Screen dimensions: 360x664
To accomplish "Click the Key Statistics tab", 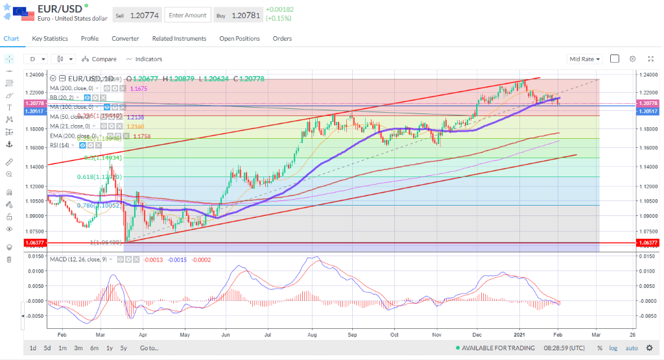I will (x=50, y=39).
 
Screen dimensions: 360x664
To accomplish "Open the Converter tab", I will (x=125, y=39).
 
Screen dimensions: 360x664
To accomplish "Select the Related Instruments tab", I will (x=179, y=39).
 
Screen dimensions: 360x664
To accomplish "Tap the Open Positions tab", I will (x=239, y=39).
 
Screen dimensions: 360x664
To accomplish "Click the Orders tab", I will (x=282, y=39).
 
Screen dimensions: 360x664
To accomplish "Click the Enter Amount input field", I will (x=187, y=15).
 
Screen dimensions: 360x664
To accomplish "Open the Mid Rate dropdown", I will (x=584, y=59).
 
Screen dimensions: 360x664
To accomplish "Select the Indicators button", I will (x=144, y=59).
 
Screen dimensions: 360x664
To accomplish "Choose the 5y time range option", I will (x=123, y=348).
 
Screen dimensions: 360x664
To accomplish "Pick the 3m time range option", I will (x=78, y=348).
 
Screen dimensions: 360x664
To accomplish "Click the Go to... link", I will (x=148, y=348).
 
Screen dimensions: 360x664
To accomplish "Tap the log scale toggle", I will (x=613, y=348).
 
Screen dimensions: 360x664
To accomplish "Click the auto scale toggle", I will (x=632, y=348).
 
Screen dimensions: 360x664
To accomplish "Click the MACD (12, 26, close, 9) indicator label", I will (x=78, y=259).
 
